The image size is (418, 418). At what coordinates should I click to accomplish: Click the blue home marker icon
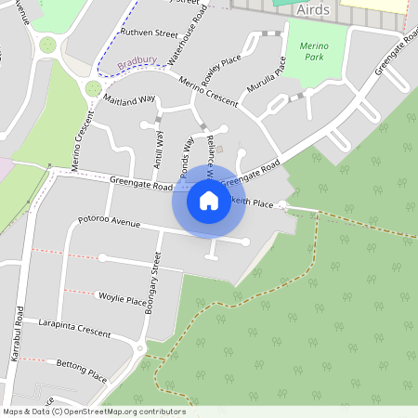point(209,201)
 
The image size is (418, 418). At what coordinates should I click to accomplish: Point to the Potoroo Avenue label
point(110,223)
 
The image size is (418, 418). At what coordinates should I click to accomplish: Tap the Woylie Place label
point(123,299)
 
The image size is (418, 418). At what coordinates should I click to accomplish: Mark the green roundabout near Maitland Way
point(93,89)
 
